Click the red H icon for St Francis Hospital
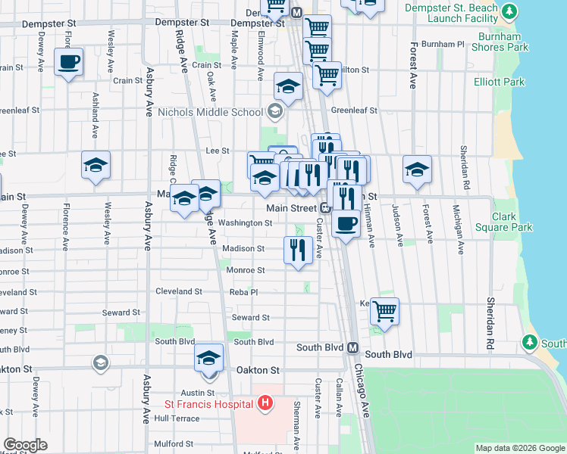[x=265, y=402]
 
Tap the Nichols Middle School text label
[x=210, y=113]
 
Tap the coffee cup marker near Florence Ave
[x=68, y=62]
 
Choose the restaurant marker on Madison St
[x=298, y=250]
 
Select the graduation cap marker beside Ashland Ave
[x=96, y=165]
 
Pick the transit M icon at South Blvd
[x=352, y=348]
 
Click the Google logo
[x=25, y=445]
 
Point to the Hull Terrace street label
[x=177, y=418]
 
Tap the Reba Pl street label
[x=244, y=292]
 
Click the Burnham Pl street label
[x=442, y=45]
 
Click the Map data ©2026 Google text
[x=519, y=448]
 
